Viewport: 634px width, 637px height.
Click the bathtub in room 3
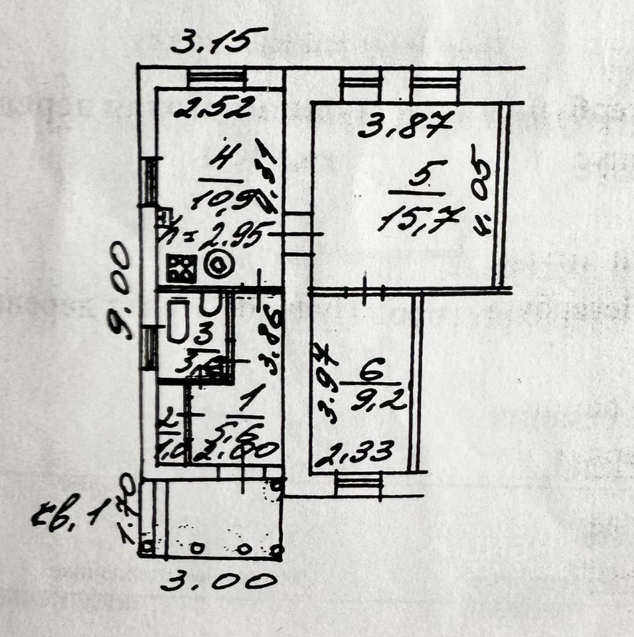pyautogui.click(x=179, y=321)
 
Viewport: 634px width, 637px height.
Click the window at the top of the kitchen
pyautogui.click(x=217, y=78)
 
